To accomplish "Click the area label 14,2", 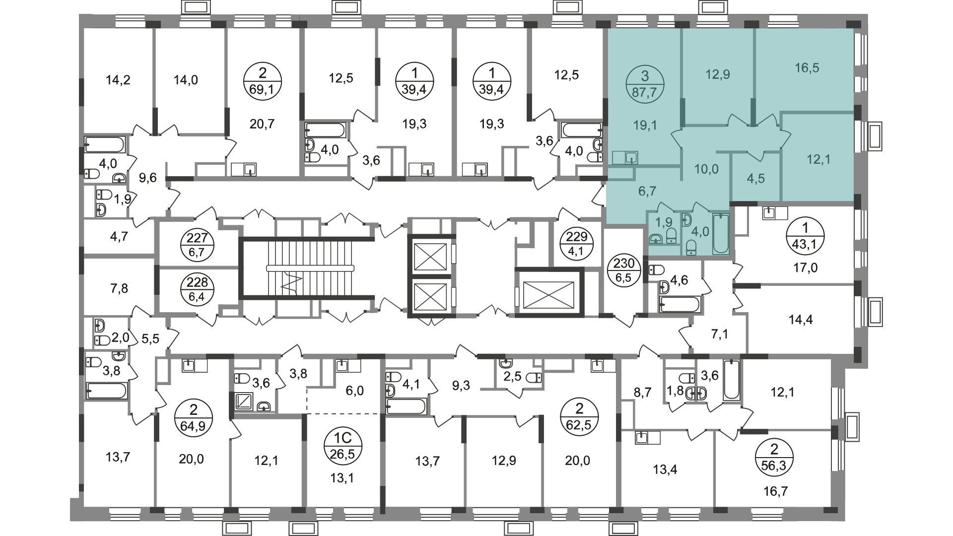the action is coord(118,79).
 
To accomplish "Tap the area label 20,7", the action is coord(262,124).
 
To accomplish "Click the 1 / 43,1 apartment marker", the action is coord(805,236).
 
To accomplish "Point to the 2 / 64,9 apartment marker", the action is coord(194,417).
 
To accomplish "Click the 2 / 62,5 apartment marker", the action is coord(579,417).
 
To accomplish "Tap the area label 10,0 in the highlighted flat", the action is coord(706,169).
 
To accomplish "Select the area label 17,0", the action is coord(805,268).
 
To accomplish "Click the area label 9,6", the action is coord(148,177).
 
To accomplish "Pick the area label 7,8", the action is coord(117,288).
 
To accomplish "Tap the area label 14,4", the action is coord(801,320).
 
